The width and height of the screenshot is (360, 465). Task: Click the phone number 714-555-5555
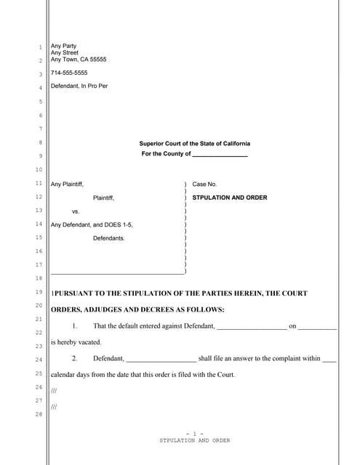click(69, 73)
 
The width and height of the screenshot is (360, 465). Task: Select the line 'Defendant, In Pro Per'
click(81, 87)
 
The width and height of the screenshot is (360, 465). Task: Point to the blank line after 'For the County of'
click(220, 154)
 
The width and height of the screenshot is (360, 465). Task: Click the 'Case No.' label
click(204, 185)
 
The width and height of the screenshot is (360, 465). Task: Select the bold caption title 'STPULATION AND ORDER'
click(229, 198)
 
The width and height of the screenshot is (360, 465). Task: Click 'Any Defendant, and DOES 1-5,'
click(92, 225)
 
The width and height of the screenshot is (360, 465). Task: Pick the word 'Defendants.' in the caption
click(109, 238)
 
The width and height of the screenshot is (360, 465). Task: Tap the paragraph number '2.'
click(74, 358)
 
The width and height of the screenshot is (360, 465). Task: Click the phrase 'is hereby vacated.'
click(76, 342)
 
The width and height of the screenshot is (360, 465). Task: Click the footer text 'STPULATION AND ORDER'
click(194, 441)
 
